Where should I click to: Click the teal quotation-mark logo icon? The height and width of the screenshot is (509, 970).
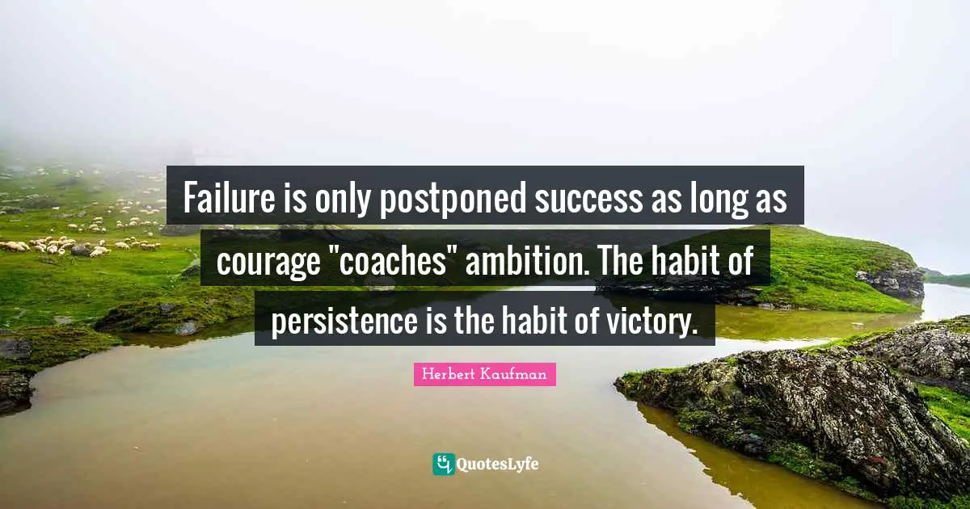[x=443, y=464]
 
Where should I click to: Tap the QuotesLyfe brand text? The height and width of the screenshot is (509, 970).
[x=497, y=465]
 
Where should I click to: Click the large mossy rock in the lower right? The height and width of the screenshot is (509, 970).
[x=808, y=404]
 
